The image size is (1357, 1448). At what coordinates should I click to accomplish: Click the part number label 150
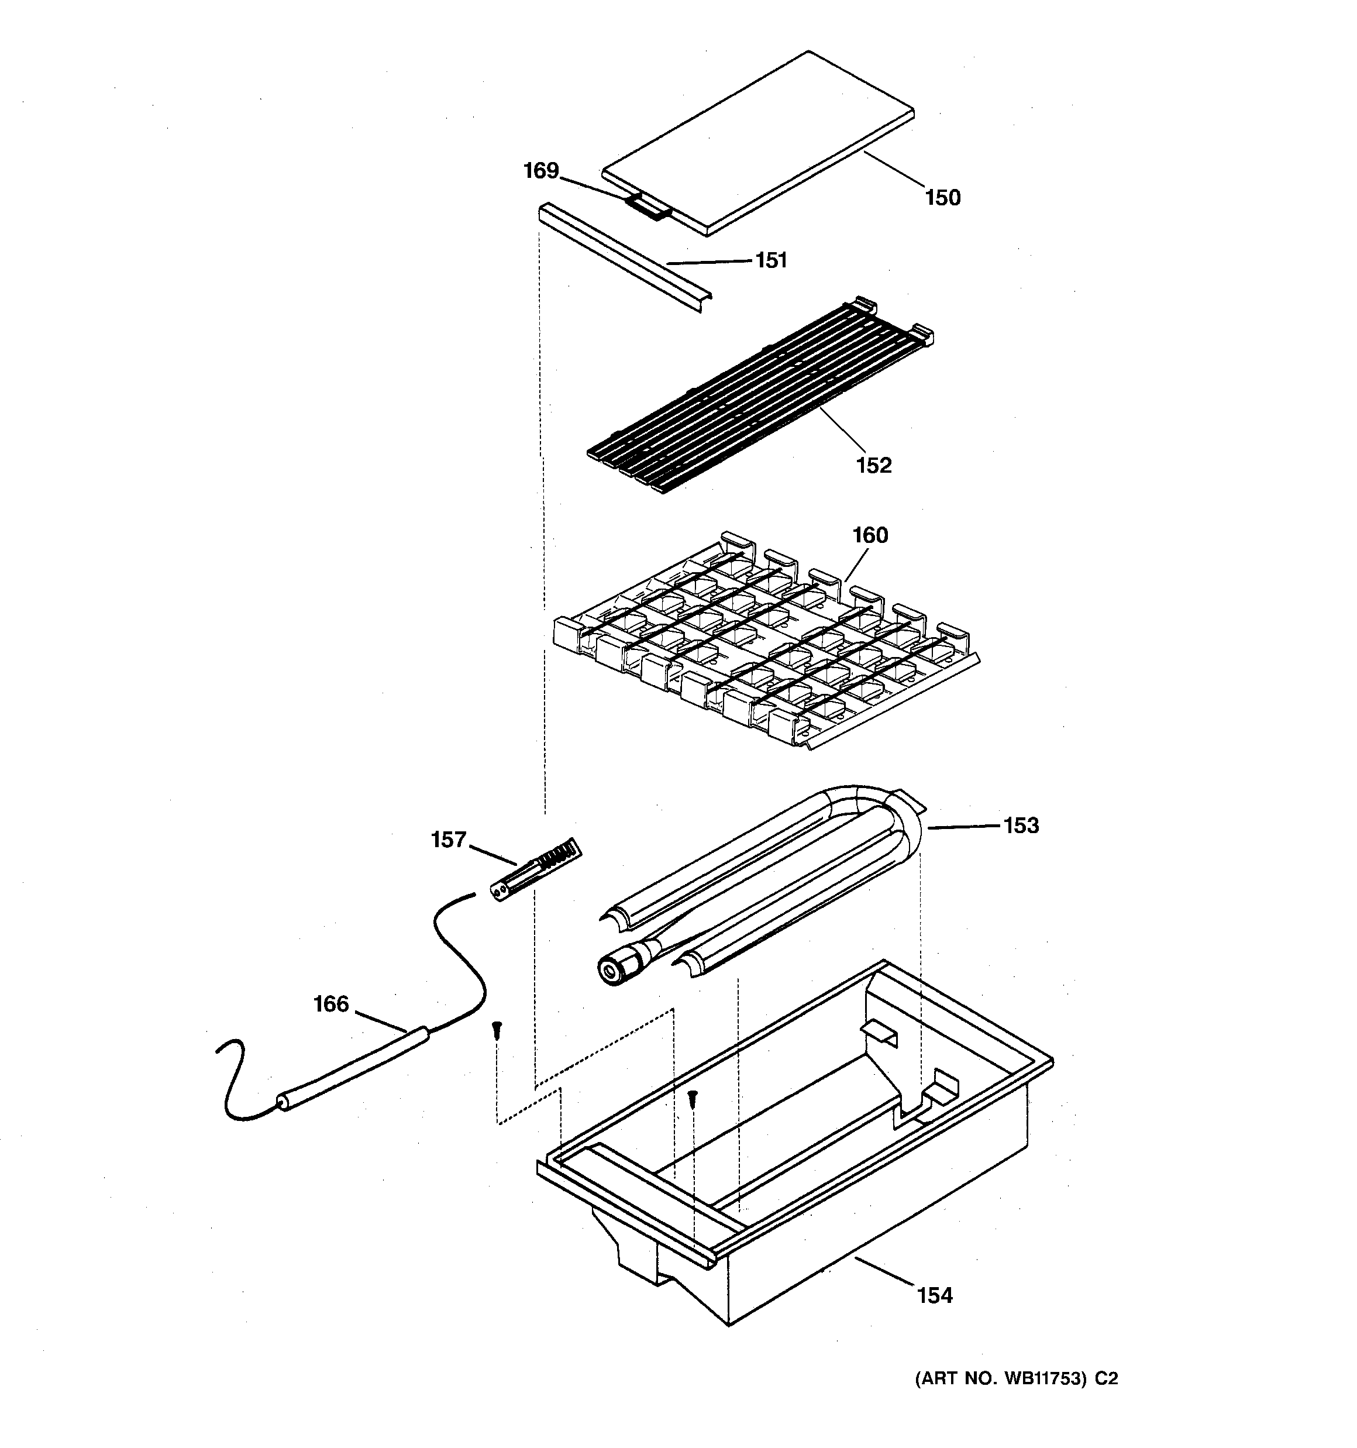pos(942,197)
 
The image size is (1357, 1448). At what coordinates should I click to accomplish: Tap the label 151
pos(771,260)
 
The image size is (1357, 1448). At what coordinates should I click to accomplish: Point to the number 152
pos(873,465)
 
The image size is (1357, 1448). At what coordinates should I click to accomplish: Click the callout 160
pos(870,535)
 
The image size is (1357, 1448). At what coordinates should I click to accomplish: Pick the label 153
pos(1021,826)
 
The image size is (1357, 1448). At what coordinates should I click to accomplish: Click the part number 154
pos(935,1295)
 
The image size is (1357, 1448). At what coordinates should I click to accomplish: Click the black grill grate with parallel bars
pos(757,397)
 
